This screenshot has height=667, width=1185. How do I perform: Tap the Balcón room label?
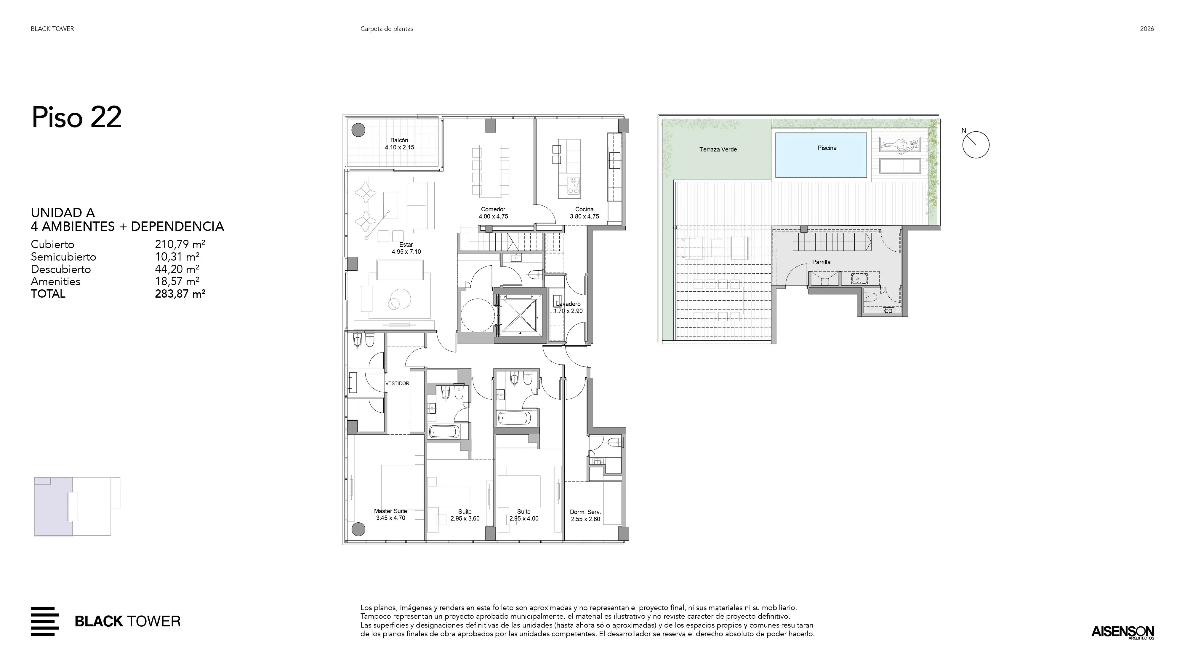(x=399, y=141)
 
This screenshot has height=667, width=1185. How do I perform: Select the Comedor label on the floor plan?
(x=493, y=210)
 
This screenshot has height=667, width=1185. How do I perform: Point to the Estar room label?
(x=406, y=245)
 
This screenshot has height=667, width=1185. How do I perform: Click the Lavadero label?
(x=568, y=304)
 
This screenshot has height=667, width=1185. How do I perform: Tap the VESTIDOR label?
(x=397, y=383)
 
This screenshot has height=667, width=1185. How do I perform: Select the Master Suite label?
(x=390, y=511)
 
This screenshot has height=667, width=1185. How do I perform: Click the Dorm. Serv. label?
(x=586, y=512)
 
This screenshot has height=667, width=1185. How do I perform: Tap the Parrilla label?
(x=821, y=262)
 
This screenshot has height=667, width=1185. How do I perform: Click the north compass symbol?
(x=976, y=145)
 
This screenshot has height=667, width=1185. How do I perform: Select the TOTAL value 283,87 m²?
(x=180, y=294)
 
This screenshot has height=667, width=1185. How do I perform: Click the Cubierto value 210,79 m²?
(x=180, y=245)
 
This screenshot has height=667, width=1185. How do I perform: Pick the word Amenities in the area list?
(x=56, y=282)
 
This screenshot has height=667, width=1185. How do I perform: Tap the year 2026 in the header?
(x=1147, y=28)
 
